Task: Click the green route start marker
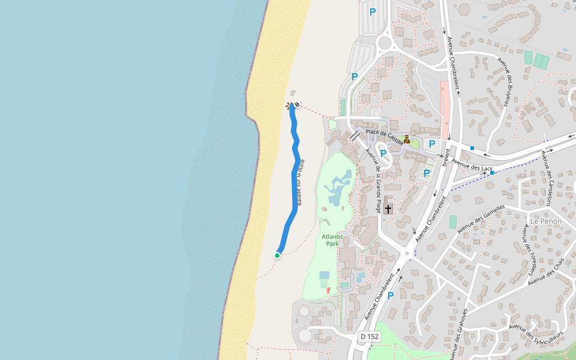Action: (x=277, y=256)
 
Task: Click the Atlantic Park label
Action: (x=332, y=240)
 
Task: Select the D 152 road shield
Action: (x=370, y=337)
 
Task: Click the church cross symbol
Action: (x=388, y=209)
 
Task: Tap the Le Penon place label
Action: (x=545, y=221)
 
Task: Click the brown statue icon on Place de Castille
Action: (x=406, y=139)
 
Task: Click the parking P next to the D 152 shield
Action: (x=391, y=295)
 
